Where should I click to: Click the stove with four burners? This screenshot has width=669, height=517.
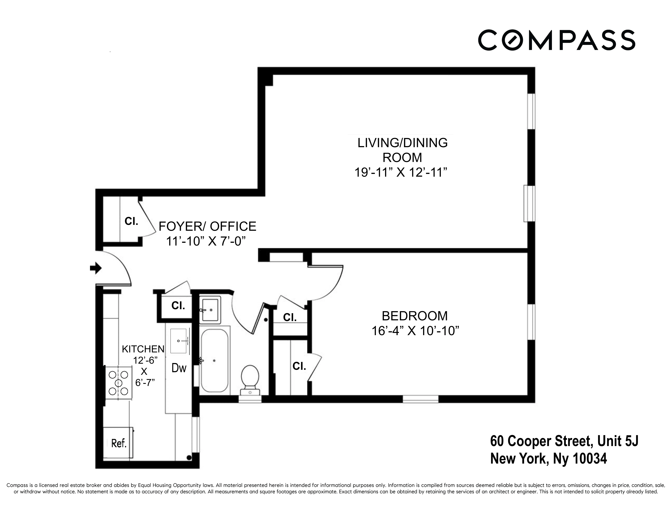[119, 383]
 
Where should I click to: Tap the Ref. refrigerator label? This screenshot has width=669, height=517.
[119, 443]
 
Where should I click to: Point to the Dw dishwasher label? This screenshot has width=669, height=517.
[179, 368]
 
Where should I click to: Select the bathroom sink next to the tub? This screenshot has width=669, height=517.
[210, 310]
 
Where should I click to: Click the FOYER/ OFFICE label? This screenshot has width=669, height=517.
[207, 226]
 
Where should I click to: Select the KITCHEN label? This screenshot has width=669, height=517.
[143, 349]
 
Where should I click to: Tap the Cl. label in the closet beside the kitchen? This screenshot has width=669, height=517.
[178, 305]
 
